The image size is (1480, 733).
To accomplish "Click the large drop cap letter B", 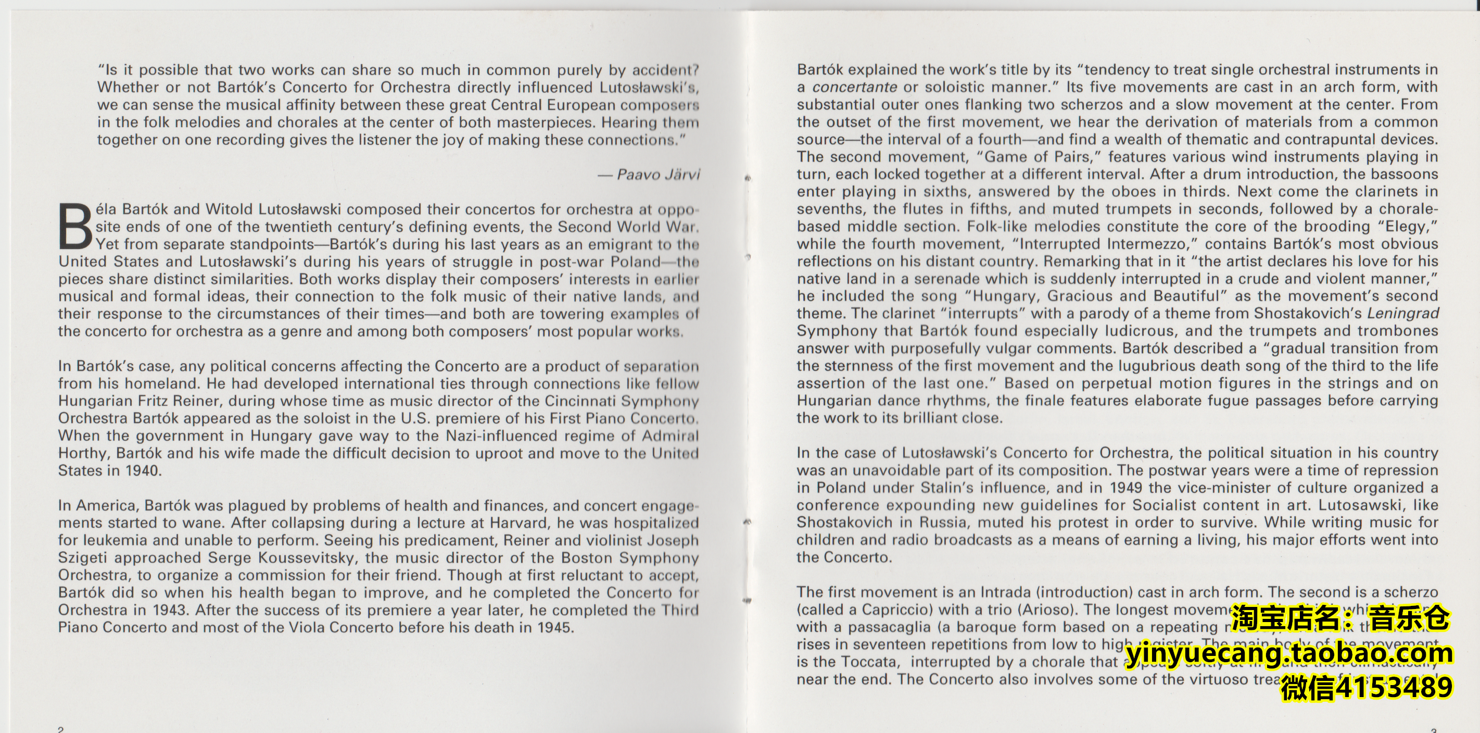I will click(75, 227).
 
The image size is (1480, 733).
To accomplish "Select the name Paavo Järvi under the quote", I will click(658, 174).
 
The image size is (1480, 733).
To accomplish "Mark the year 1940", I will click(141, 471).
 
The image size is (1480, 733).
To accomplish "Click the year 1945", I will click(554, 627).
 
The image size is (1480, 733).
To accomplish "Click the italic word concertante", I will click(854, 88).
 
